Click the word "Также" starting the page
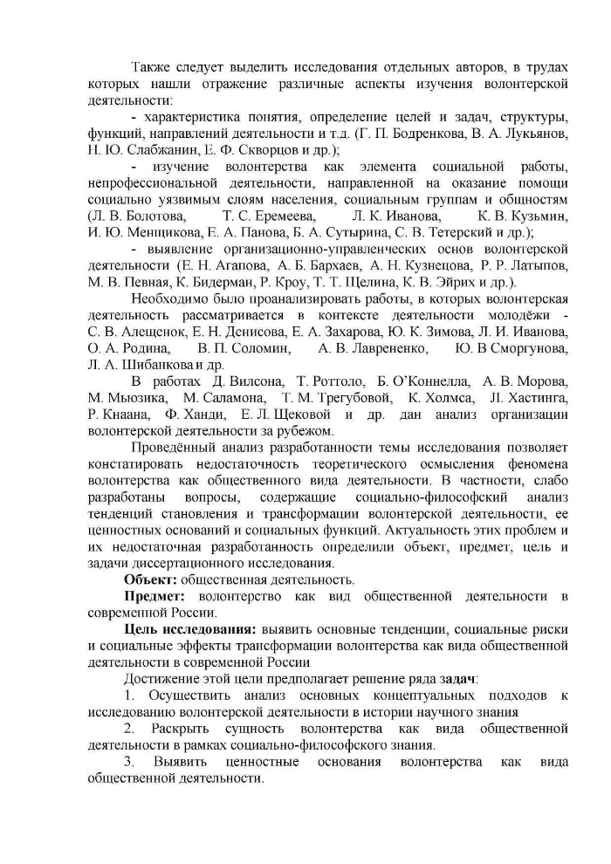pos(152,67)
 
